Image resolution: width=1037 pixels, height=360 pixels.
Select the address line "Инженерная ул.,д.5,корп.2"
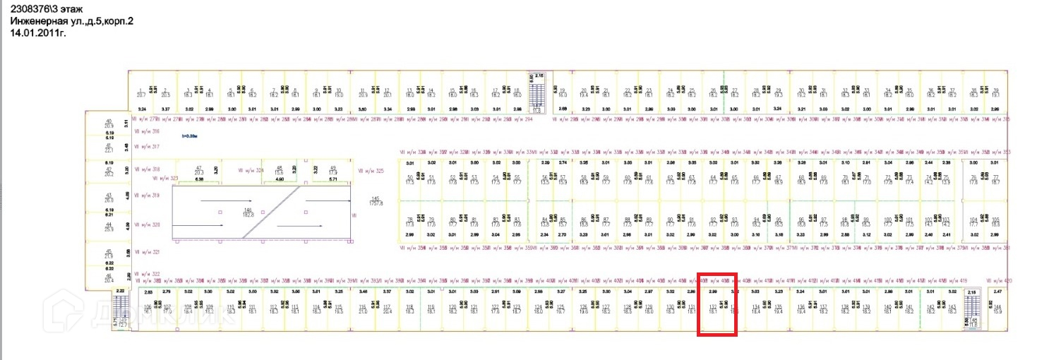click(71, 21)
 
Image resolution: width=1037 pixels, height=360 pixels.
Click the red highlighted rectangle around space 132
click(717, 304)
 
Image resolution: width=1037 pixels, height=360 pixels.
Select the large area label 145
click(376, 201)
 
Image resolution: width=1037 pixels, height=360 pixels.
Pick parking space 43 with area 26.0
click(109, 198)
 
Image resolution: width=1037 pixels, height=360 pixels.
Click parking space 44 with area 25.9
click(109, 227)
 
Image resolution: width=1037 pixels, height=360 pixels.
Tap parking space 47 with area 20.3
click(198, 170)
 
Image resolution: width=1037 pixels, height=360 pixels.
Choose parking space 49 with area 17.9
click(333, 170)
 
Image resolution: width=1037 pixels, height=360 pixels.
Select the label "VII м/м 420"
click(998, 280)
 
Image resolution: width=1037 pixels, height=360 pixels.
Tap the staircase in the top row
click(539, 92)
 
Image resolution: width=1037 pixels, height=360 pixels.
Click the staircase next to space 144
click(973, 308)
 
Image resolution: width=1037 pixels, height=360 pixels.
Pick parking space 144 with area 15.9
click(997, 308)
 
